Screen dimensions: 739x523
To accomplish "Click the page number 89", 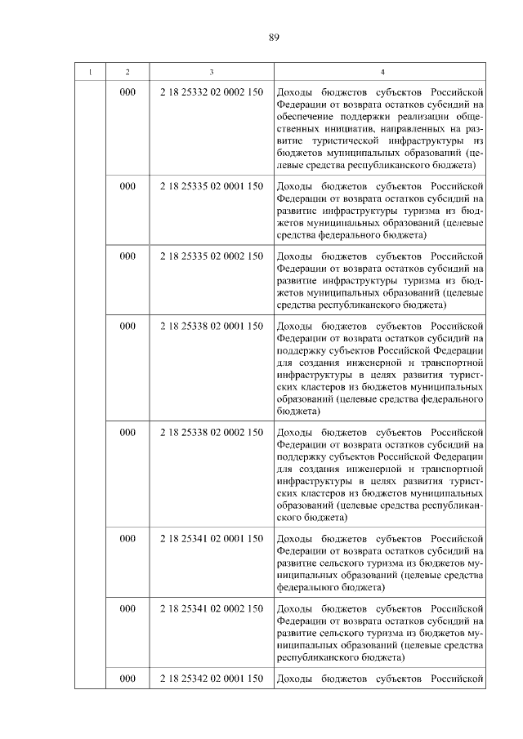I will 274,36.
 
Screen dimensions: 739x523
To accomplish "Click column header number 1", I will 91,73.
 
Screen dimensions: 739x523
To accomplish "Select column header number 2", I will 127,73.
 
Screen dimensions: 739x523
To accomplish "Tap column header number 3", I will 212,73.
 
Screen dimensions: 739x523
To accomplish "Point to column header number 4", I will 381,73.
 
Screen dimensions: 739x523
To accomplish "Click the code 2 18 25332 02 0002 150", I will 212,92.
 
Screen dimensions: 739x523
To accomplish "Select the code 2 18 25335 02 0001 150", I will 212,186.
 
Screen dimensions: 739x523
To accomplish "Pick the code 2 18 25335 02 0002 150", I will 212,256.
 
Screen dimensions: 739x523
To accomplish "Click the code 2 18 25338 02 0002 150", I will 212,432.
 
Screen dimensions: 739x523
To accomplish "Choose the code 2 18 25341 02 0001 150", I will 212,538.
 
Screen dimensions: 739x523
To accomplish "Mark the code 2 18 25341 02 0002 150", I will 212,608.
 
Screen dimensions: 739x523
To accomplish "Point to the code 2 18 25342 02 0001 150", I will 212,679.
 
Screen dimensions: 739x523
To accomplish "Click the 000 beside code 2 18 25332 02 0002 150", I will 127,92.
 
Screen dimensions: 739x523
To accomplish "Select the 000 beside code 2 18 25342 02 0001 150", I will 127,679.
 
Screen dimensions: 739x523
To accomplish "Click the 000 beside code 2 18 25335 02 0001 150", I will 127,186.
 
